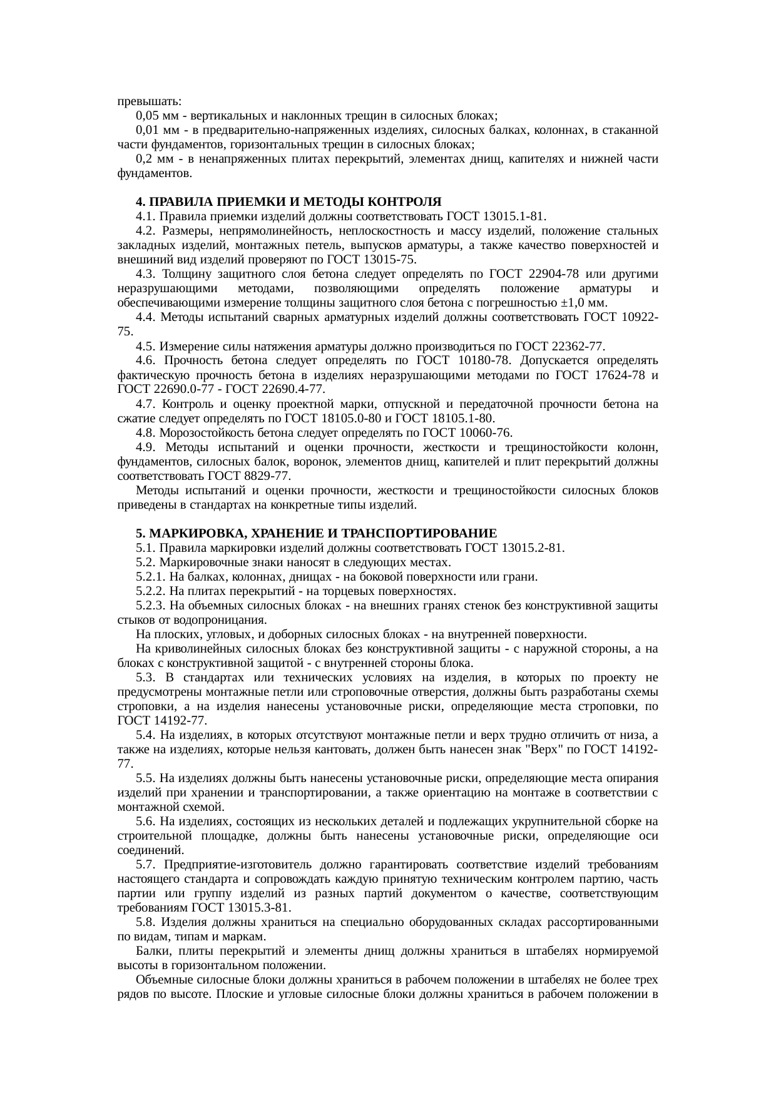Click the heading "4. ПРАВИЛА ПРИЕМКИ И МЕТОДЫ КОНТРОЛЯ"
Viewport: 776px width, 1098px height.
tap(288, 202)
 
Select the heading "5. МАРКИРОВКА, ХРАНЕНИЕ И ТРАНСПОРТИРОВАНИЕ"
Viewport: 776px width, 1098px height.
tap(316, 533)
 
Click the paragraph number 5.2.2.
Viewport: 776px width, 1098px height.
tap(151, 591)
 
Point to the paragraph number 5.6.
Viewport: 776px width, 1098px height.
tap(146, 821)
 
